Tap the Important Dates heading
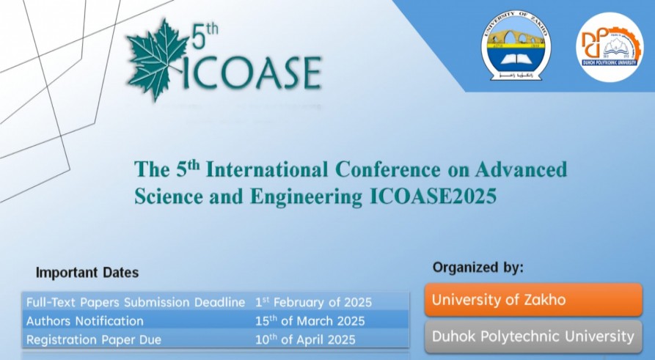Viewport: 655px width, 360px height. coord(87,273)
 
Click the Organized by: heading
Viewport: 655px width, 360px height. coord(478,267)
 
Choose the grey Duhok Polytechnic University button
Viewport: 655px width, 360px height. coord(533,337)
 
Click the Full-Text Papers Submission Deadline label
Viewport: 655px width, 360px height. coord(136,302)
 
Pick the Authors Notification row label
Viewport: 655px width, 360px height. coord(85,321)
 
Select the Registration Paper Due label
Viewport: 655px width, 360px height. coord(94,339)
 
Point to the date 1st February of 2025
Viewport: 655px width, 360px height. coord(313,302)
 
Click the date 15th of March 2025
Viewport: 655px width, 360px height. coord(310,321)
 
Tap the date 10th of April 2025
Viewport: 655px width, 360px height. coord(305,339)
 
